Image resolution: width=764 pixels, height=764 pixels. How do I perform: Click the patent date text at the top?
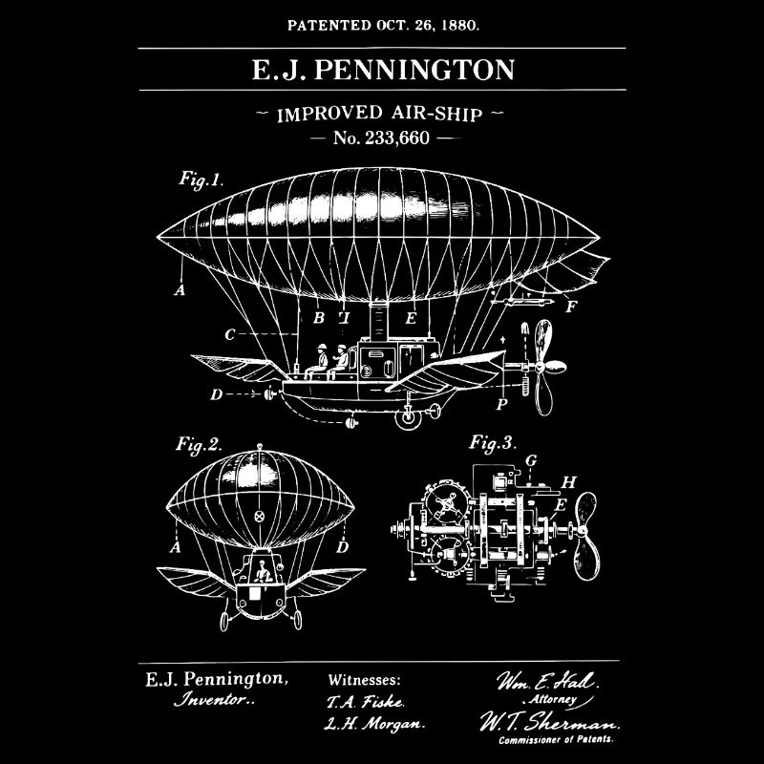382,25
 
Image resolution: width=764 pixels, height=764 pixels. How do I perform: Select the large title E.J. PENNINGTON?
382,71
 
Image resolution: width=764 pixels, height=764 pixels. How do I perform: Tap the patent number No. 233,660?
382,138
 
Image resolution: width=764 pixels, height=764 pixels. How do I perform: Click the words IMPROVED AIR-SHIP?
382,115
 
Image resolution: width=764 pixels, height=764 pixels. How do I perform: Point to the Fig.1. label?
200,179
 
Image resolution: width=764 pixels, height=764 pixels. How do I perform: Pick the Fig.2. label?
199,443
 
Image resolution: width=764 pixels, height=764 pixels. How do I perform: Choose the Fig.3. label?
494,442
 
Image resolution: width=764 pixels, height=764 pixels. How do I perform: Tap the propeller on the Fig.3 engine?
584,535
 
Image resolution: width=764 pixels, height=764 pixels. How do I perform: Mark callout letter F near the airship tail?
571,307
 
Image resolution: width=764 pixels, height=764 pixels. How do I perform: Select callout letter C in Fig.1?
230,335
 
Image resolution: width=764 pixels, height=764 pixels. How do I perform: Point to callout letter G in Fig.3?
531,460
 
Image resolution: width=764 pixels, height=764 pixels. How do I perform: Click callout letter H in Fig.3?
569,481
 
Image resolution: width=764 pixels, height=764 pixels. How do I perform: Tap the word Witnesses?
364,681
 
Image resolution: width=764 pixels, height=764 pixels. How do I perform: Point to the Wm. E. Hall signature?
545,682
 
